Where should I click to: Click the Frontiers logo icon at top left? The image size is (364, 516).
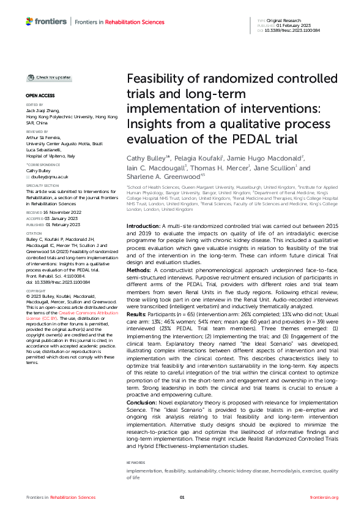coord(30,21)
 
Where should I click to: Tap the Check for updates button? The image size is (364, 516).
coord(48,78)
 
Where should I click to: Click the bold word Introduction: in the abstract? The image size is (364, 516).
coord(143,210)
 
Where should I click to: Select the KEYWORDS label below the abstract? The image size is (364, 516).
coord(136,463)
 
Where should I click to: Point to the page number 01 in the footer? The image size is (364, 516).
coord(182,497)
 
